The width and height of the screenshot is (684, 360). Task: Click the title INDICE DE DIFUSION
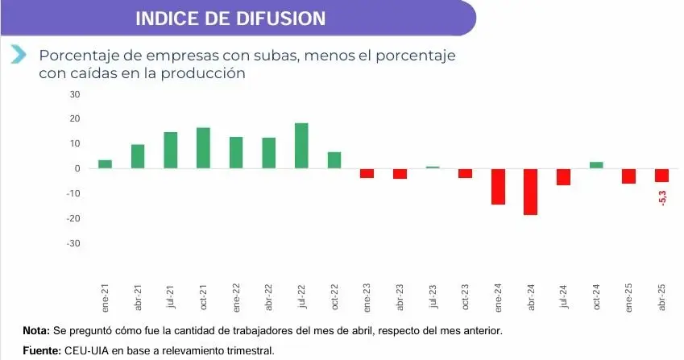(230, 18)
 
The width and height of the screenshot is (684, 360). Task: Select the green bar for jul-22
(301, 146)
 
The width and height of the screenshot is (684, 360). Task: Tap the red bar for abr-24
(531, 192)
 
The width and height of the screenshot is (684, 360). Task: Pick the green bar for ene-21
(105, 164)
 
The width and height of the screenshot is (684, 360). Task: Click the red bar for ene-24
(498, 186)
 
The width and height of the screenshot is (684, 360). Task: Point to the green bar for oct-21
(203, 148)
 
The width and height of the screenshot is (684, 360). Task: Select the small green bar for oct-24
(596, 165)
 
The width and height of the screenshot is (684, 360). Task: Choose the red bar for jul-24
(564, 176)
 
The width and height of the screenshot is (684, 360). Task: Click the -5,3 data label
(663, 196)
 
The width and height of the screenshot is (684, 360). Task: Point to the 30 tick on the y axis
(76, 94)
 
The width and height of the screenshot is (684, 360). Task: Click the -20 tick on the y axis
(74, 218)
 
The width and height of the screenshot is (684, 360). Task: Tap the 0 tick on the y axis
(78, 168)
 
